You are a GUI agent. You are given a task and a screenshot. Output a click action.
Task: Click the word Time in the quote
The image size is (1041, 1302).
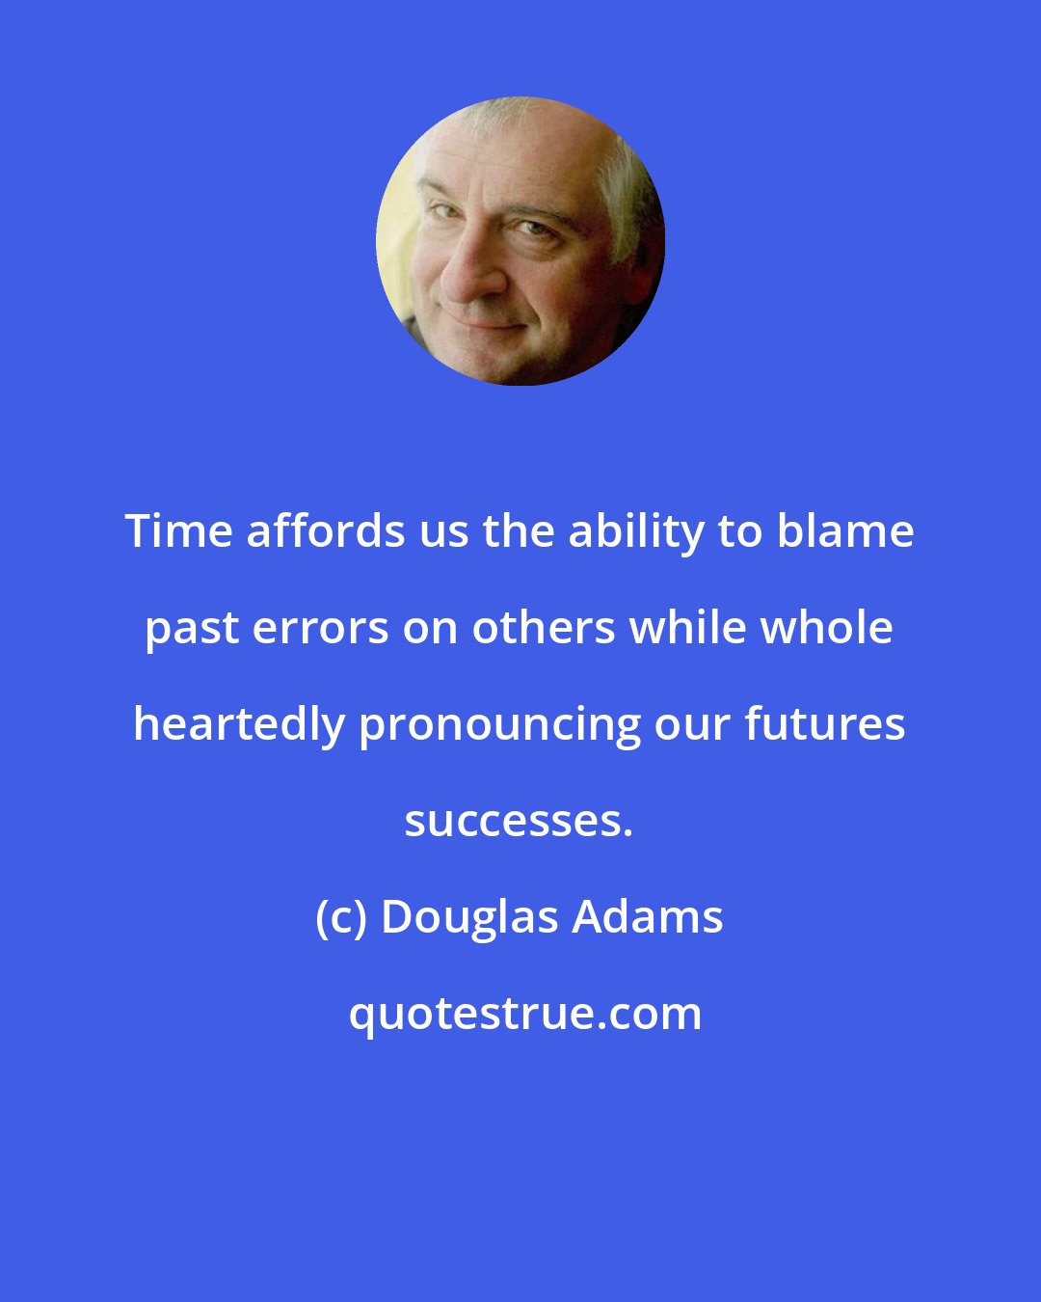coord(178,531)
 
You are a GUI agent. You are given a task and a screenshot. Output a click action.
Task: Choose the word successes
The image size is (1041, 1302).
coord(519,822)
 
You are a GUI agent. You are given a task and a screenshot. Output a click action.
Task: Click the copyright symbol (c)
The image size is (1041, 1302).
coord(341,918)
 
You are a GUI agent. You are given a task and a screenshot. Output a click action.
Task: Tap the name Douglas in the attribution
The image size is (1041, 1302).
coord(469,918)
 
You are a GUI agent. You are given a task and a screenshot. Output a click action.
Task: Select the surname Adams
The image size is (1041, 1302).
coord(648,917)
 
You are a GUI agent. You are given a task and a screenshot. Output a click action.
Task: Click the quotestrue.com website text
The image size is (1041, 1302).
coord(525,1015)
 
